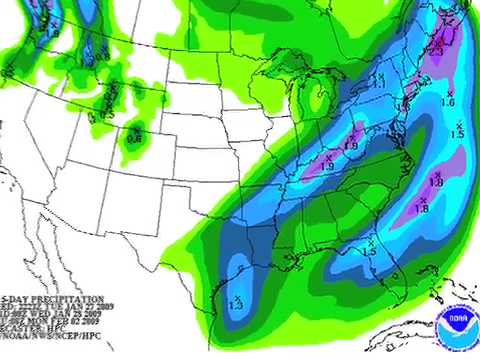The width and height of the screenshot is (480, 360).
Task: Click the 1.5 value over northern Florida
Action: [369, 251]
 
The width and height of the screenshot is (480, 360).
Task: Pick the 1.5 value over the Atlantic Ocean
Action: [458, 133]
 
